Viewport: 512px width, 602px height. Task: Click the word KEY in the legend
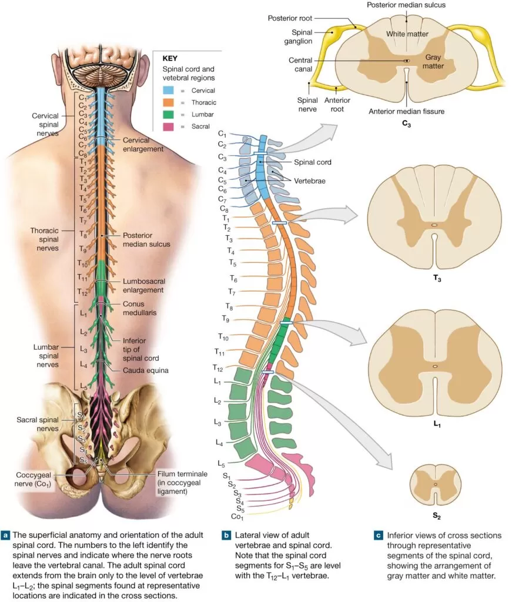pyautogui.click(x=170, y=59)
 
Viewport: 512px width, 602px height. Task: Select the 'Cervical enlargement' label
pyautogui.click(x=143, y=145)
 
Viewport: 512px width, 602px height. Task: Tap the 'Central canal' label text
pyautogui.click(x=304, y=65)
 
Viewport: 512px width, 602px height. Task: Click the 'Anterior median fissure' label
pyautogui.click(x=406, y=111)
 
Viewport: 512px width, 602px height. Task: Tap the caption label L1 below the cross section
pyautogui.click(x=434, y=423)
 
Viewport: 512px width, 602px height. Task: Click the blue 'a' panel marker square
pyautogui.click(x=6, y=536)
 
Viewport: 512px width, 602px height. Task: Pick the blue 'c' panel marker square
pyautogui.click(x=377, y=536)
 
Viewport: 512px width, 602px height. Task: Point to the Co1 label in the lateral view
pyautogui.click(x=237, y=517)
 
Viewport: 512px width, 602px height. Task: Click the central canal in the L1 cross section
pyautogui.click(x=435, y=366)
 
